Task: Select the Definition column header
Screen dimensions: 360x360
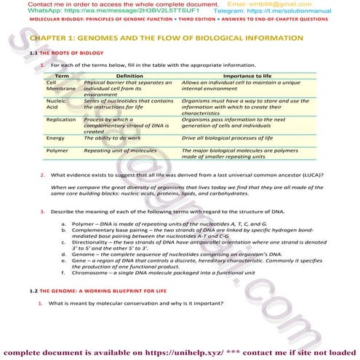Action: [129, 76]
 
